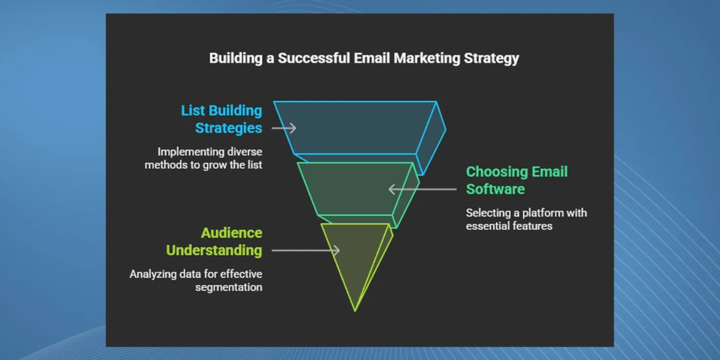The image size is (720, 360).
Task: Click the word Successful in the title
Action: pyautogui.click(x=314, y=58)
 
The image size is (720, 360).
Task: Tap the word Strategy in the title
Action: pyautogui.click(x=492, y=59)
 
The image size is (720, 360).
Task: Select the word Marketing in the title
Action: pyautogui.click(x=427, y=59)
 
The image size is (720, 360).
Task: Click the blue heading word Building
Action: pyautogui.click(x=236, y=111)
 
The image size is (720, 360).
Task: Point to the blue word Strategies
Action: pyautogui.click(x=228, y=128)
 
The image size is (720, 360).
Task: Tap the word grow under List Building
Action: pyautogui.click(x=214, y=165)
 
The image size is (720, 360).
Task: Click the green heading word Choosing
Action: pyautogui.click(x=497, y=172)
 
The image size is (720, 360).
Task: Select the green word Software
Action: pyautogui.click(x=495, y=189)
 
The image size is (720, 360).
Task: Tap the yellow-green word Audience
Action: pyautogui.click(x=231, y=233)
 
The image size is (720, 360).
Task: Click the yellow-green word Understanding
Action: pyautogui.click(x=214, y=250)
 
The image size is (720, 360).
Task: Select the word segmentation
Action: pyautogui.click(x=228, y=287)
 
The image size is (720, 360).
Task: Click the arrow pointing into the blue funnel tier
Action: pyautogui.click(x=284, y=128)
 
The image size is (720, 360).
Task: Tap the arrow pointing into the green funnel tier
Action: pyautogui.click(x=422, y=189)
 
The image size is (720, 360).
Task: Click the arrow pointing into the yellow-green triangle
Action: pyautogui.click(x=305, y=250)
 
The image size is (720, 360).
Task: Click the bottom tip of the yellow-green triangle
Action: pyautogui.click(x=355, y=311)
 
